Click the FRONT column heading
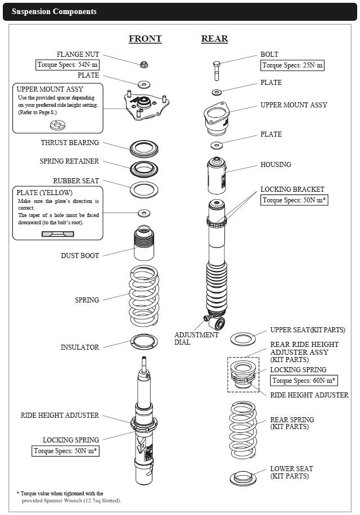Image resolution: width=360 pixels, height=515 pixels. coord(145,39)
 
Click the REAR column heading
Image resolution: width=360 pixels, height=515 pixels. coord(214,39)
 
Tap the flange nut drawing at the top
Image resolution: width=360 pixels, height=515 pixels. coord(144,63)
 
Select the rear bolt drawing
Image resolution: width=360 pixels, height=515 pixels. coord(218,70)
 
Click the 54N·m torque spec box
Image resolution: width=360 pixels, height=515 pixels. coord(67,65)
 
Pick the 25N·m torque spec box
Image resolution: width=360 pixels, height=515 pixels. coord(292,65)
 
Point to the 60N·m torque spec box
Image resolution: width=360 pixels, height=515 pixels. coord(304,381)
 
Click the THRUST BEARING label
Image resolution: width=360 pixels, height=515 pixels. coord(70,143)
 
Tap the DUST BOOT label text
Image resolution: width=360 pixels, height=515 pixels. coord(80,256)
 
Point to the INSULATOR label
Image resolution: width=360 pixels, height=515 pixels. coord(80,347)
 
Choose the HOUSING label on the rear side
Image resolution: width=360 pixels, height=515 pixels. coord(276,165)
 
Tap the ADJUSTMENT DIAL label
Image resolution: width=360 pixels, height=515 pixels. coord(196,338)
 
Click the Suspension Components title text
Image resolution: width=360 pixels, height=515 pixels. coord(54,11)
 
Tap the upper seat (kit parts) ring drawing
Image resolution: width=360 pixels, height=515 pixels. coord(243,338)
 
